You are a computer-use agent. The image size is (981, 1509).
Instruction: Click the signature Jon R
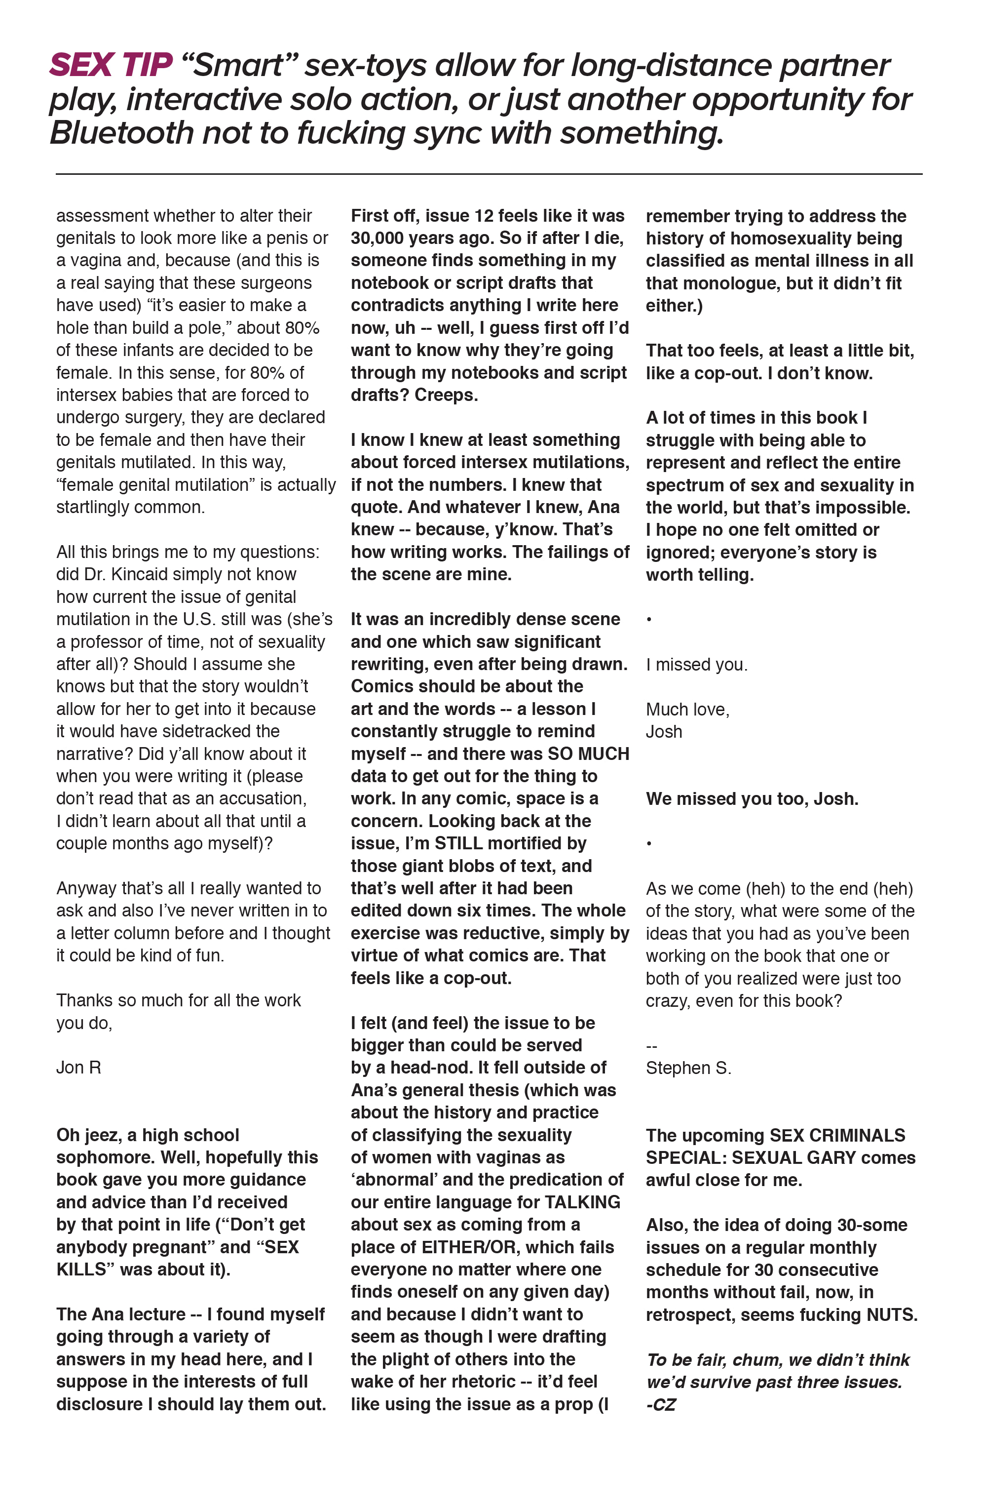[78, 1068]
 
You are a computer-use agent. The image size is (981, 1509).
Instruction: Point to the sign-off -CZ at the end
[661, 1405]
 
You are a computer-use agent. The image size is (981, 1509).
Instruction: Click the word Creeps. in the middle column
[446, 395]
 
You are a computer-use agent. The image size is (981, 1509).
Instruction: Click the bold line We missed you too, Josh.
[752, 799]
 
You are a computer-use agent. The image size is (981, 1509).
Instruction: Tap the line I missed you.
[696, 665]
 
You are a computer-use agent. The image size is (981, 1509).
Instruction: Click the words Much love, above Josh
[687, 710]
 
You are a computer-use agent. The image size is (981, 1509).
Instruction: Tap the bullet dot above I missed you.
[649, 620]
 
